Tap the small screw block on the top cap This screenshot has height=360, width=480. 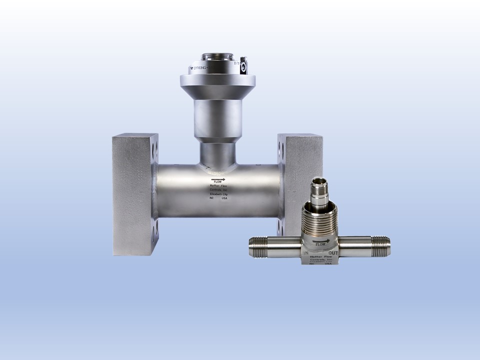(x=244, y=64)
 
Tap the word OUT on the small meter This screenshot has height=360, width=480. (x=333, y=253)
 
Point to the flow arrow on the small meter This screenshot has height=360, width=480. (x=320, y=240)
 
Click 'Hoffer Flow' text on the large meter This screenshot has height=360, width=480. (x=218, y=186)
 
